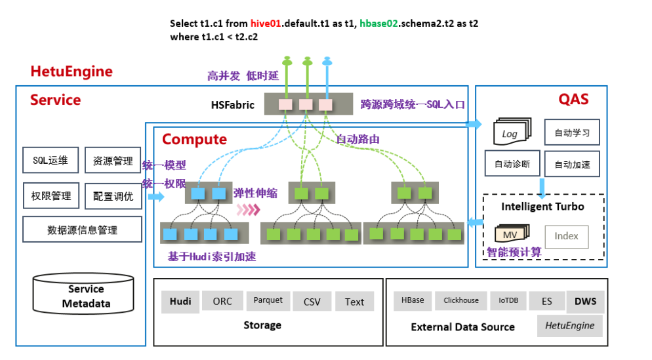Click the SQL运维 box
pos(50,160)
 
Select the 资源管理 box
pos(112,160)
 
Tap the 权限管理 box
pos(50,195)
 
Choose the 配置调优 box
pos(112,195)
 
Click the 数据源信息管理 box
pos(82,230)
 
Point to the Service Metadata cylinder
pos(83,296)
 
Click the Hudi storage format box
pos(180,302)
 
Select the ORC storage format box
pos(222,302)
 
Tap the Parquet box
pos(268,300)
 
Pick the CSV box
pos(312,302)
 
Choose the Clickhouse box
pos(460,300)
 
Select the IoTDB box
pos(508,300)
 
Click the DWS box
pos(586,302)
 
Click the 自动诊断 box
pos(512,164)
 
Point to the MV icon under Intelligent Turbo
pos(510,234)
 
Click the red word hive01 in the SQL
pos(264,23)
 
